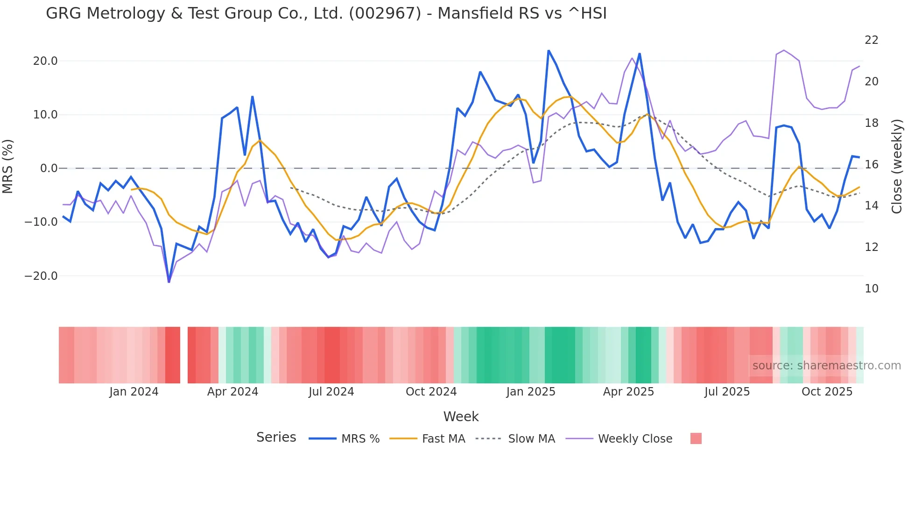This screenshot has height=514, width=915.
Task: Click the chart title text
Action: click(326, 14)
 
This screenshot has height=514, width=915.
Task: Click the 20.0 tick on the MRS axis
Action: click(45, 61)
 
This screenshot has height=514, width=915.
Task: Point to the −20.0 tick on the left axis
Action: click(41, 276)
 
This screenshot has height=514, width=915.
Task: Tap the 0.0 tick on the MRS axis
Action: click(49, 168)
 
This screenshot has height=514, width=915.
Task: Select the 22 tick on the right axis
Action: click(871, 40)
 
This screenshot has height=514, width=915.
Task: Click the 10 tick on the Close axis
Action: click(871, 289)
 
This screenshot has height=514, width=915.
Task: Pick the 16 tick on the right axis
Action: click(871, 165)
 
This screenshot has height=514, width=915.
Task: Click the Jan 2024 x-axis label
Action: click(134, 392)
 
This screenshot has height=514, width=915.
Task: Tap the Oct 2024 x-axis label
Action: click(431, 392)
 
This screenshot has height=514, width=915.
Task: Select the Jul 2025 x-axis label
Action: click(727, 392)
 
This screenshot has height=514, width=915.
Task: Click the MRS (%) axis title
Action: click(8, 167)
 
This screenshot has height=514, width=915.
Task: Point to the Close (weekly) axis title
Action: click(896, 167)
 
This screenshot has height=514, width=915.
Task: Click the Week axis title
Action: click(461, 417)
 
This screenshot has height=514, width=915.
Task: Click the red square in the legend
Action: click(696, 438)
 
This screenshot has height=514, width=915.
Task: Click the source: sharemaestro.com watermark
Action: click(826, 366)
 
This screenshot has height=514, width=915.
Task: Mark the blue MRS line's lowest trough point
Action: click(169, 282)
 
